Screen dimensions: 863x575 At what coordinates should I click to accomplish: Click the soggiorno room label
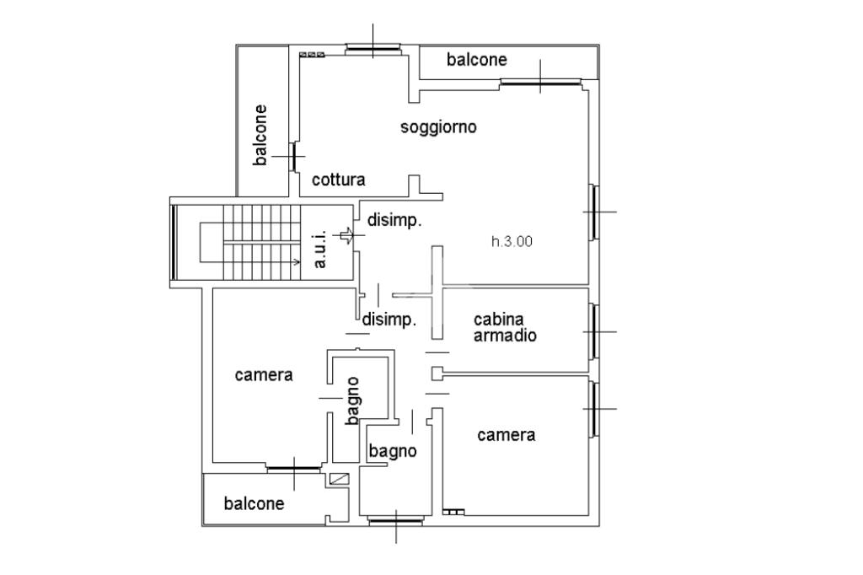[x=438, y=128]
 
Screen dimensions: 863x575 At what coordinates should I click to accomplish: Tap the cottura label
[x=339, y=180]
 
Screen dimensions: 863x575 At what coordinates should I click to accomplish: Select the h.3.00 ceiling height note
[x=512, y=241]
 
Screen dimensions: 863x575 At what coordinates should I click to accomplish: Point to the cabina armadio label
[x=506, y=327]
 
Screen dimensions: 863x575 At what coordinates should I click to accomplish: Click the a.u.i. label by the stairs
[x=319, y=250]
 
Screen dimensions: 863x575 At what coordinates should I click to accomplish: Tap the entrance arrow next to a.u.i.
[x=346, y=236]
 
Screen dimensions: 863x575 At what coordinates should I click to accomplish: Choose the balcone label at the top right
[x=477, y=60]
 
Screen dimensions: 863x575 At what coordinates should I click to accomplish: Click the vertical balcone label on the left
[x=260, y=136]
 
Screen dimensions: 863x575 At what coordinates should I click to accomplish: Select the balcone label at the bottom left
[x=254, y=503]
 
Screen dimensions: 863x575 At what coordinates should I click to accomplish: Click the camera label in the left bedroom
[x=264, y=375]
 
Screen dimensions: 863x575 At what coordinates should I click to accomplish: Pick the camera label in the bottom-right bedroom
[x=507, y=435]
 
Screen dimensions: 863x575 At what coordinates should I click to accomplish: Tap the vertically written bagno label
[x=353, y=401]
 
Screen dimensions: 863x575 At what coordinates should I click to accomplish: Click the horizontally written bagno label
[x=393, y=452]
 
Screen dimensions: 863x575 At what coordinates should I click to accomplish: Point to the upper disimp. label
[x=394, y=221]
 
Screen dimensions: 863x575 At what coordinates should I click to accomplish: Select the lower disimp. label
[x=389, y=320]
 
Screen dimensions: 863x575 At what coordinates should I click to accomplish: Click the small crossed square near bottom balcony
[x=339, y=479]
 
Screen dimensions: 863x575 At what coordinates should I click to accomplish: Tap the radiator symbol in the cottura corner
[x=312, y=55]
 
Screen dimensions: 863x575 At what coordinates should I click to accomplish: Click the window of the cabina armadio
[x=593, y=331]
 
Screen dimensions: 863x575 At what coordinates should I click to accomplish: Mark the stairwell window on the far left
[x=174, y=242]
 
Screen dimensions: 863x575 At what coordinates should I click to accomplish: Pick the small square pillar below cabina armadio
[x=437, y=373]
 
